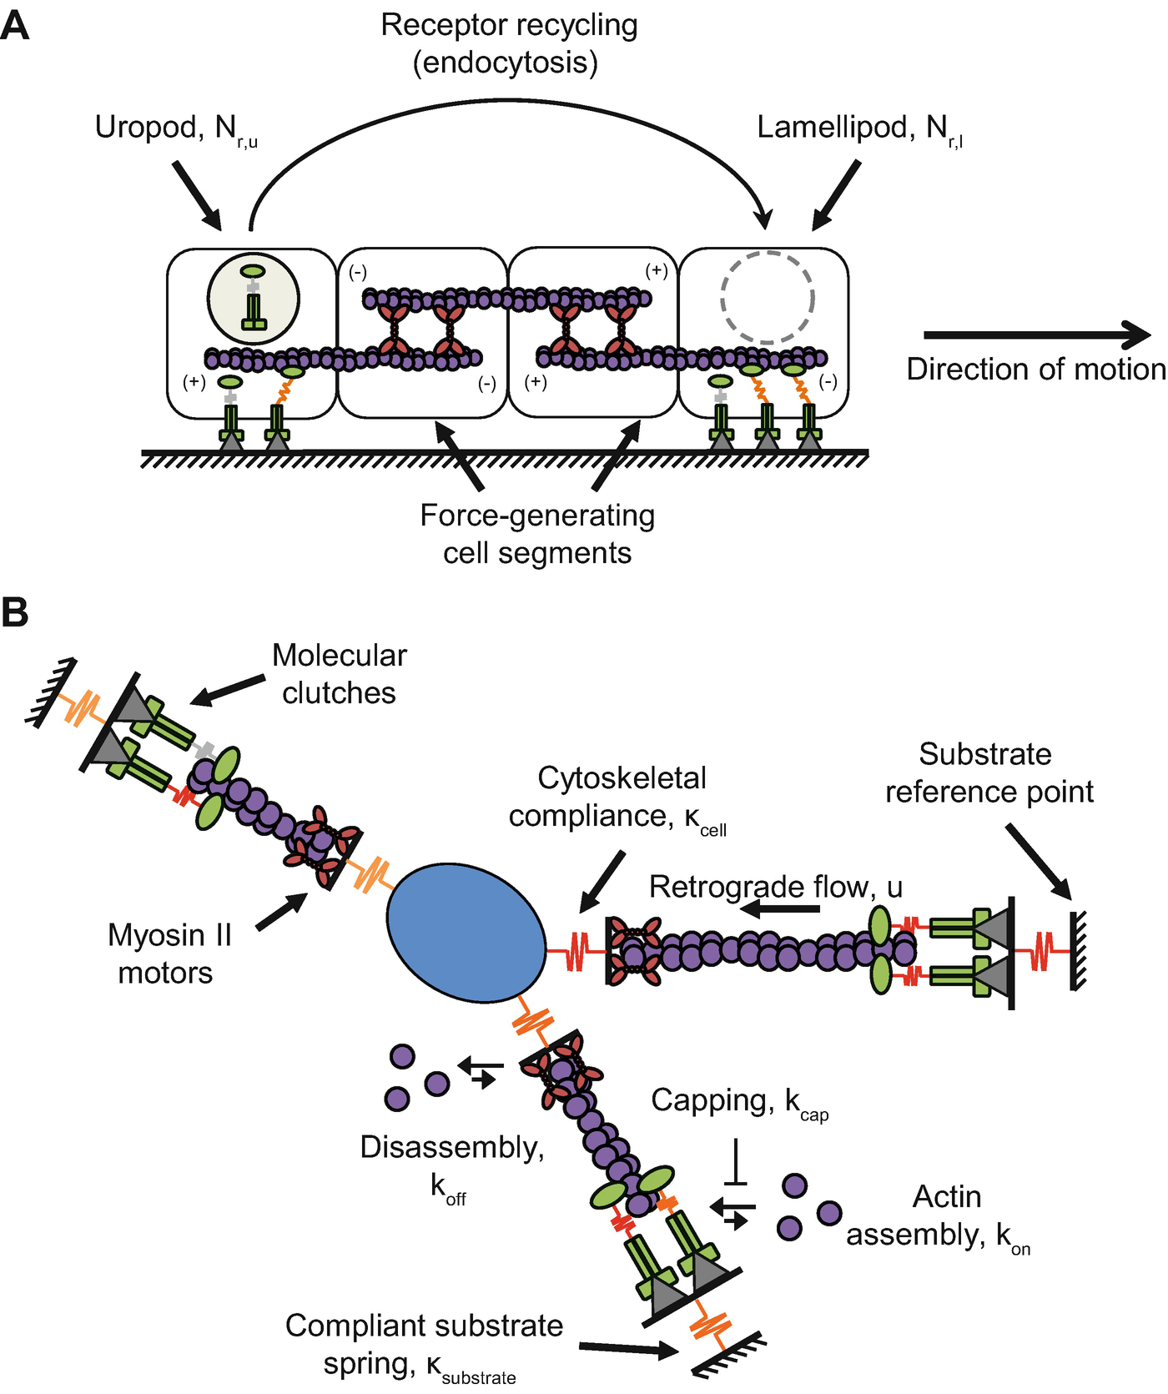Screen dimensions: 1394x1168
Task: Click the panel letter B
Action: click(15, 612)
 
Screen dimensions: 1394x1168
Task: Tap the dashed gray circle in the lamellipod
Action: click(768, 298)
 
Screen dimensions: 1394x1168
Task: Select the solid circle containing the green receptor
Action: click(253, 298)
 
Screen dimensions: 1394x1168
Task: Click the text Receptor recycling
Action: click(509, 25)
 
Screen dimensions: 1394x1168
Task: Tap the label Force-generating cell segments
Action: click(537, 534)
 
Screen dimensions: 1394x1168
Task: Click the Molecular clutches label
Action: click(340, 674)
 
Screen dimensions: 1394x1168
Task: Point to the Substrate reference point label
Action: click(988, 772)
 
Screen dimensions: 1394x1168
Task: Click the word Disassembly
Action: click(451, 1148)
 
